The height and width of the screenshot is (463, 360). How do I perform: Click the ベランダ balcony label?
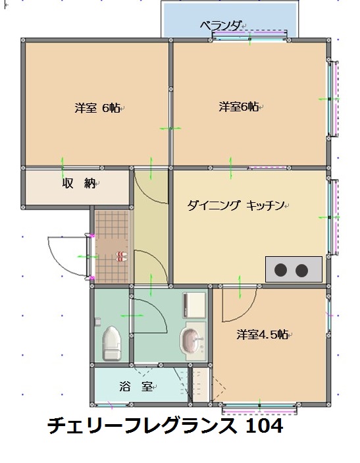pos(220,26)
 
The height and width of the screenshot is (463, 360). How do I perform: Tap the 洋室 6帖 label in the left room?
pos(97,108)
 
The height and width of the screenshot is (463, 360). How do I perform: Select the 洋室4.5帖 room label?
pos(262,335)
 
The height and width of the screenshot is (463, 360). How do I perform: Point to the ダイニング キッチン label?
pos(236,205)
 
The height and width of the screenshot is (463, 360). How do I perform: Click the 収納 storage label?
pos(79,183)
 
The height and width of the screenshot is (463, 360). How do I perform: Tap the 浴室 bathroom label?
pos(136,386)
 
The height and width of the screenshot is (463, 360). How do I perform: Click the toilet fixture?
pos(111,343)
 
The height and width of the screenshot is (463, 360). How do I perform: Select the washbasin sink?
pos(190,340)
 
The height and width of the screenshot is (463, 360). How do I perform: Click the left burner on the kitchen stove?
pos(280,270)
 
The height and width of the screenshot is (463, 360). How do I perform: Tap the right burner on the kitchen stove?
pos(301,270)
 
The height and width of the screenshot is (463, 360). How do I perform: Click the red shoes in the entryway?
pos(122,257)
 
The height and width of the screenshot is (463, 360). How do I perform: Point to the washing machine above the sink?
pos(194,305)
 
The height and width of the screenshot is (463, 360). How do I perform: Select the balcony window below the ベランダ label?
pos(249,36)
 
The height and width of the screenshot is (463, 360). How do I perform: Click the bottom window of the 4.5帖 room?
pos(259,408)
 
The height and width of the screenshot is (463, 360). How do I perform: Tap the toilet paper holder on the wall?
pos(97,321)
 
